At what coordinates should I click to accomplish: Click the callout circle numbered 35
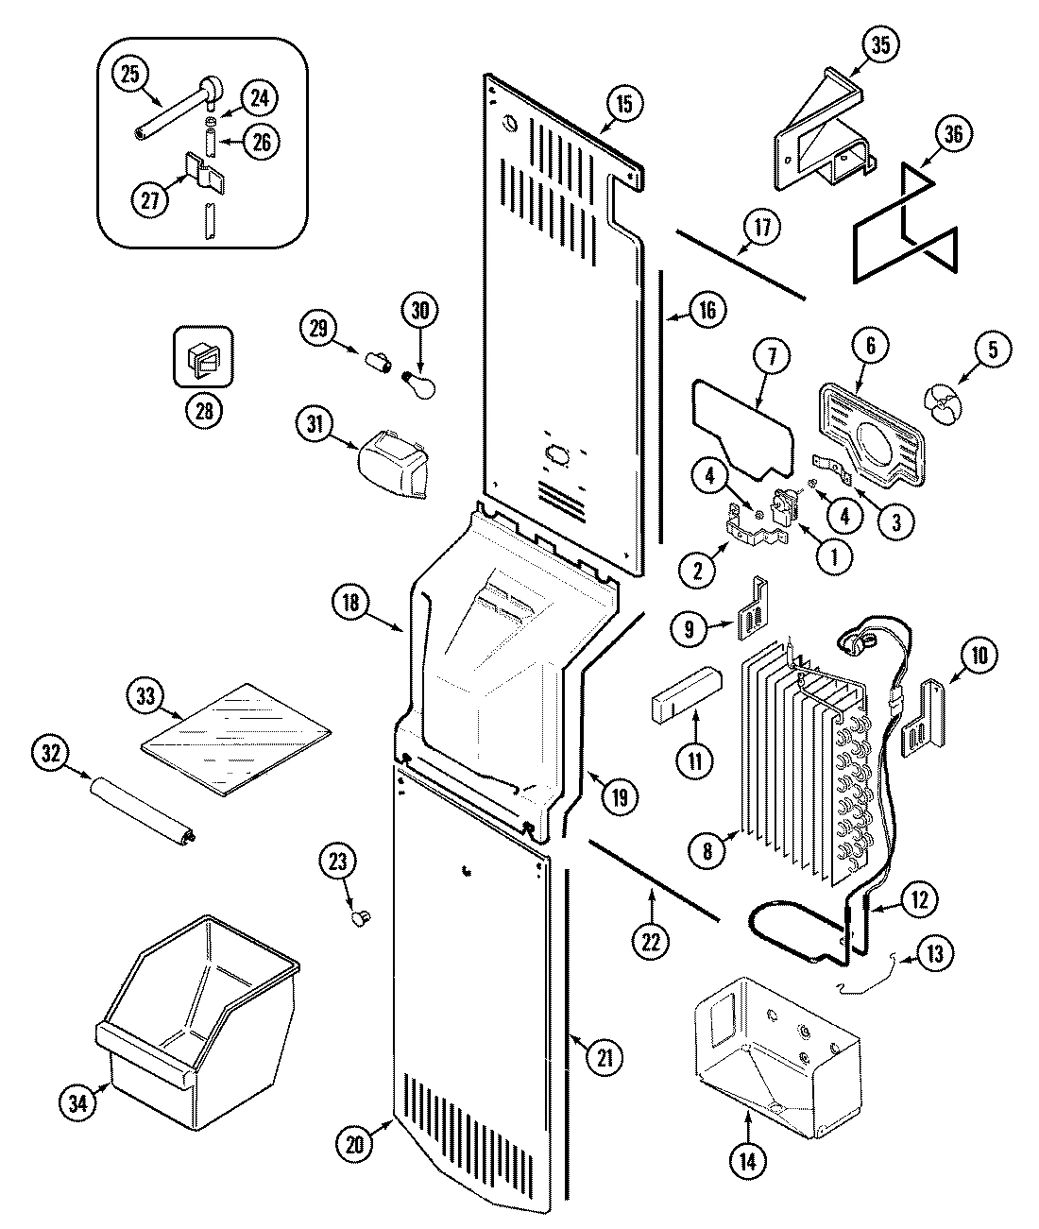click(880, 44)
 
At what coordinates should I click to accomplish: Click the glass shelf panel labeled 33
click(236, 738)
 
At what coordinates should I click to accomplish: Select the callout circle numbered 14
click(748, 1161)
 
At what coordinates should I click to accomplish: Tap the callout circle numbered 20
click(355, 1144)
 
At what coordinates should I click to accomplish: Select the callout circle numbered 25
click(131, 75)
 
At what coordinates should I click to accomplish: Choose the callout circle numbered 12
click(920, 899)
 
